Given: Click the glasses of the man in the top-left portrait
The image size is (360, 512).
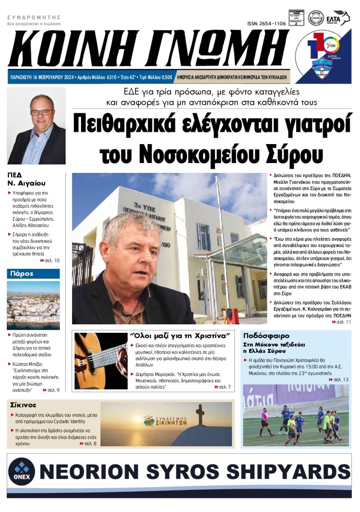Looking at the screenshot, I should [x=41, y=112].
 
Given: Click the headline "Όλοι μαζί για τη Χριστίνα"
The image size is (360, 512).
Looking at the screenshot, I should [x=180, y=336].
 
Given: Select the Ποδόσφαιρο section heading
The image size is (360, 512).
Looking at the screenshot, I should [x=266, y=336].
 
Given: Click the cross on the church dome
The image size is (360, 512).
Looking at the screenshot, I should [x=200, y=413].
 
